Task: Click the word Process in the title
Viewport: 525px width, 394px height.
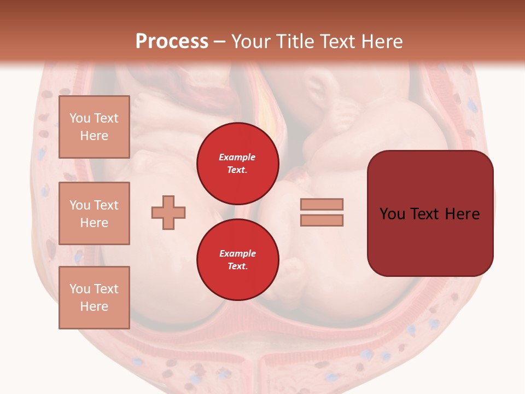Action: click(x=172, y=42)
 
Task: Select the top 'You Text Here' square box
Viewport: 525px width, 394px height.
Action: click(x=94, y=127)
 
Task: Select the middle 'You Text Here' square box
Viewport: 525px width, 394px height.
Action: click(x=94, y=213)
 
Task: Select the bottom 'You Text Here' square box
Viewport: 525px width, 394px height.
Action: click(x=94, y=298)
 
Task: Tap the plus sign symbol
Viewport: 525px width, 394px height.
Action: click(x=168, y=212)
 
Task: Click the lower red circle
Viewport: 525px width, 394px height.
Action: click(x=237, y=259)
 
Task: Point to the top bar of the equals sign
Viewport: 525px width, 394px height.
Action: click(x=322, y=205)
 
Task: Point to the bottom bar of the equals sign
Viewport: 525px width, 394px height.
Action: click(x=322, y=220)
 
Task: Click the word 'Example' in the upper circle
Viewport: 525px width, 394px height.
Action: click(x=237, y=157)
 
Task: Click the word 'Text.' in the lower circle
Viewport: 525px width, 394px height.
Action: click(x=237, y=266)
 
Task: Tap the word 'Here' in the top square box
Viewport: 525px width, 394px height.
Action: click(x=94, y=136)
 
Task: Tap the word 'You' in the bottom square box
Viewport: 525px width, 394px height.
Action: click(x=80, y=289)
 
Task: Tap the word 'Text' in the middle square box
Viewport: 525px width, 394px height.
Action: click(x=106, y=205)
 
